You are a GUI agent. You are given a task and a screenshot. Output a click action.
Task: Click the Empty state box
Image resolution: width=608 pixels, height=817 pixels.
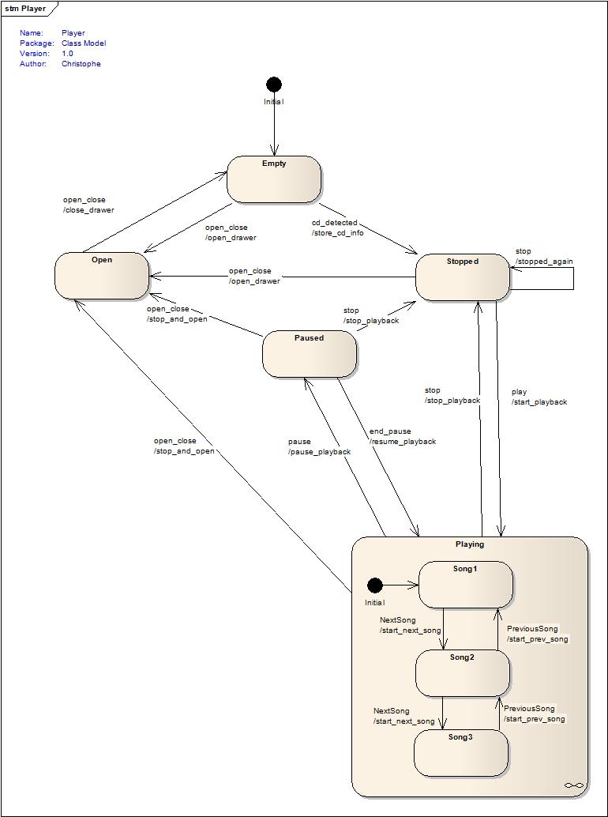[274, 179]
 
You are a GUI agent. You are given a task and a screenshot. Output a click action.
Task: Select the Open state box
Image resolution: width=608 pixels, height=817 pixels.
[102, 276]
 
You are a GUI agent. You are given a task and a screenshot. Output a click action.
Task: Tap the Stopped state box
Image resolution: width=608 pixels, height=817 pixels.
[463, 277]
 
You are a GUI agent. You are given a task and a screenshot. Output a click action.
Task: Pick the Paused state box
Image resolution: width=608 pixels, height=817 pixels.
[310, 354]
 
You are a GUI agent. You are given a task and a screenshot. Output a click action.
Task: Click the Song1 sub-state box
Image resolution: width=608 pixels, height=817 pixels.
[465, 585]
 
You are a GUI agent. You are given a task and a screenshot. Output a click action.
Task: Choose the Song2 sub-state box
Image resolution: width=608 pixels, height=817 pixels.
[463, 673]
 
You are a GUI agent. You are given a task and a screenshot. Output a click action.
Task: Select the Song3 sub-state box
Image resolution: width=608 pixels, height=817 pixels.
[460, 753]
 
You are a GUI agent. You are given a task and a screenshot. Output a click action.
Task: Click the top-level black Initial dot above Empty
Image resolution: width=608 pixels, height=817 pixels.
[274, 85]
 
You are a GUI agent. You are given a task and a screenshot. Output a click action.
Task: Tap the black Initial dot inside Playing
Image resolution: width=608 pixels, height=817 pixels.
[375, 585]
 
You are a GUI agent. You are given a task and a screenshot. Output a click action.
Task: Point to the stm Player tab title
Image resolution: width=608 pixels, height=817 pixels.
[26, 9]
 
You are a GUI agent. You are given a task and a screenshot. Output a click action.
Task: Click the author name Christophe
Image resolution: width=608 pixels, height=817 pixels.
[81, 64]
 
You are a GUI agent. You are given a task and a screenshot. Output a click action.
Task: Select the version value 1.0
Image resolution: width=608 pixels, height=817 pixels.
[67, 54]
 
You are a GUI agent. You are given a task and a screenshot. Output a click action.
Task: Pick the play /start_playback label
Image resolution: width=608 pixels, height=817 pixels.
[539, 397]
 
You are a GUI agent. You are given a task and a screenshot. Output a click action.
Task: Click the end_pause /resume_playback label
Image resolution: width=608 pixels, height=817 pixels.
[402, 436]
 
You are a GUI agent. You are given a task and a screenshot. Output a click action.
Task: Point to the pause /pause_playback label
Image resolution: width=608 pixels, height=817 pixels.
[319, 446]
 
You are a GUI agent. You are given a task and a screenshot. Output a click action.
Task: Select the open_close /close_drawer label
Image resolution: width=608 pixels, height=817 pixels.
[88, 205]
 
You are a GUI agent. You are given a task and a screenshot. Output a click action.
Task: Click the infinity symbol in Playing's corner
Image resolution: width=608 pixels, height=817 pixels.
[574, 785]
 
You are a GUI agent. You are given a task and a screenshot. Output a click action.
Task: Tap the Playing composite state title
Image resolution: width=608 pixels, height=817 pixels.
[470, 544]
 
